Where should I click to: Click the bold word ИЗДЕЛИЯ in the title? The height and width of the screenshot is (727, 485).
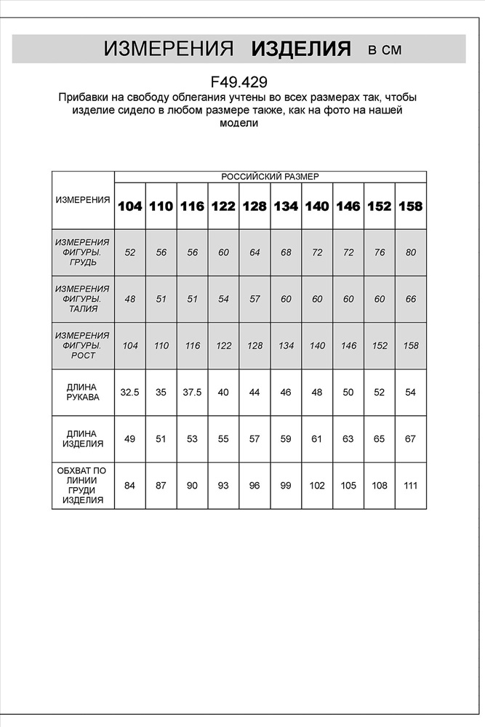pos(301,49)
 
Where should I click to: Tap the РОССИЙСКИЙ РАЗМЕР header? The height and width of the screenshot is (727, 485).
pos(270,177)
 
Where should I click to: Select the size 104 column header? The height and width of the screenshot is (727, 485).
pos(130,206)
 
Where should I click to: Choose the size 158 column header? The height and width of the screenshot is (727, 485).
pos(410,206)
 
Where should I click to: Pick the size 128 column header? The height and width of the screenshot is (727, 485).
pos(254,206)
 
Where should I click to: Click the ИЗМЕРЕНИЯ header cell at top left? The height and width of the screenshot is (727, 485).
pos(83,200)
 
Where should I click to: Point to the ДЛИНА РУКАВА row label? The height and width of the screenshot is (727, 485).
pos(83,393)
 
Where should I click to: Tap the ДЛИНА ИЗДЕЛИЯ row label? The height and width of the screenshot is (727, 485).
pos(83,438)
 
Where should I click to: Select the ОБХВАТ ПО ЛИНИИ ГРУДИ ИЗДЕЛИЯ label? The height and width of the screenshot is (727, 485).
pos(83,486)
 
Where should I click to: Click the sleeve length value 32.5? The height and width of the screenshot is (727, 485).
pos(130,393)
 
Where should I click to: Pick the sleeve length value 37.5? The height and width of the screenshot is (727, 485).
pos(192,393)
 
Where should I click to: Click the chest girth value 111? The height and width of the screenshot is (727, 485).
pos(410,486)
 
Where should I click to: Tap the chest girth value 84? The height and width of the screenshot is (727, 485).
pos(130,486)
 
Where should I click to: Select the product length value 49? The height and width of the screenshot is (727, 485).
pos(130,439)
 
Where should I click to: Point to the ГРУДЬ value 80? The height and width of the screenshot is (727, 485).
pos(410,252)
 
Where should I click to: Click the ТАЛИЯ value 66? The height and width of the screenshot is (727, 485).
pos(410,299)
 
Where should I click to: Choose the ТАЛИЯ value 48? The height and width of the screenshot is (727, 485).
pos(130,299)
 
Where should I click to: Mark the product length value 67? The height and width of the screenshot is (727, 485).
pos(410,439)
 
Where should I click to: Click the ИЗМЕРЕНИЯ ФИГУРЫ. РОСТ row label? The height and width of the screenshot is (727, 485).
pos(83,345)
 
